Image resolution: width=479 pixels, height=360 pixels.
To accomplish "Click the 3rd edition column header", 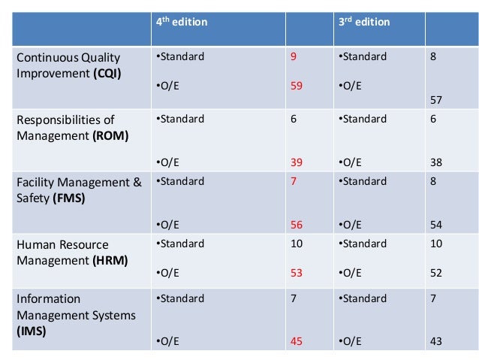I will click(x=364, y=23).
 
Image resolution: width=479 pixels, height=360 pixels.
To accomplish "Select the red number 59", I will click(x=297, y=86).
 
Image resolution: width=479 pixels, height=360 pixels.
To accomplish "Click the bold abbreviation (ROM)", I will click(x=110, y=135).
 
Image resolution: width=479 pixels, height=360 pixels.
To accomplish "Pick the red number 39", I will click(x=297, y=162).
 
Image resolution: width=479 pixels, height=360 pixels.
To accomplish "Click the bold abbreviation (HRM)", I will click(x=109, y=261).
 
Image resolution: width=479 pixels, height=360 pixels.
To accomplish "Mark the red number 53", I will click(x=297, y=273).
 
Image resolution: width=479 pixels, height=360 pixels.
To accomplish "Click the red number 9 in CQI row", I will click(x=293, y=56).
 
